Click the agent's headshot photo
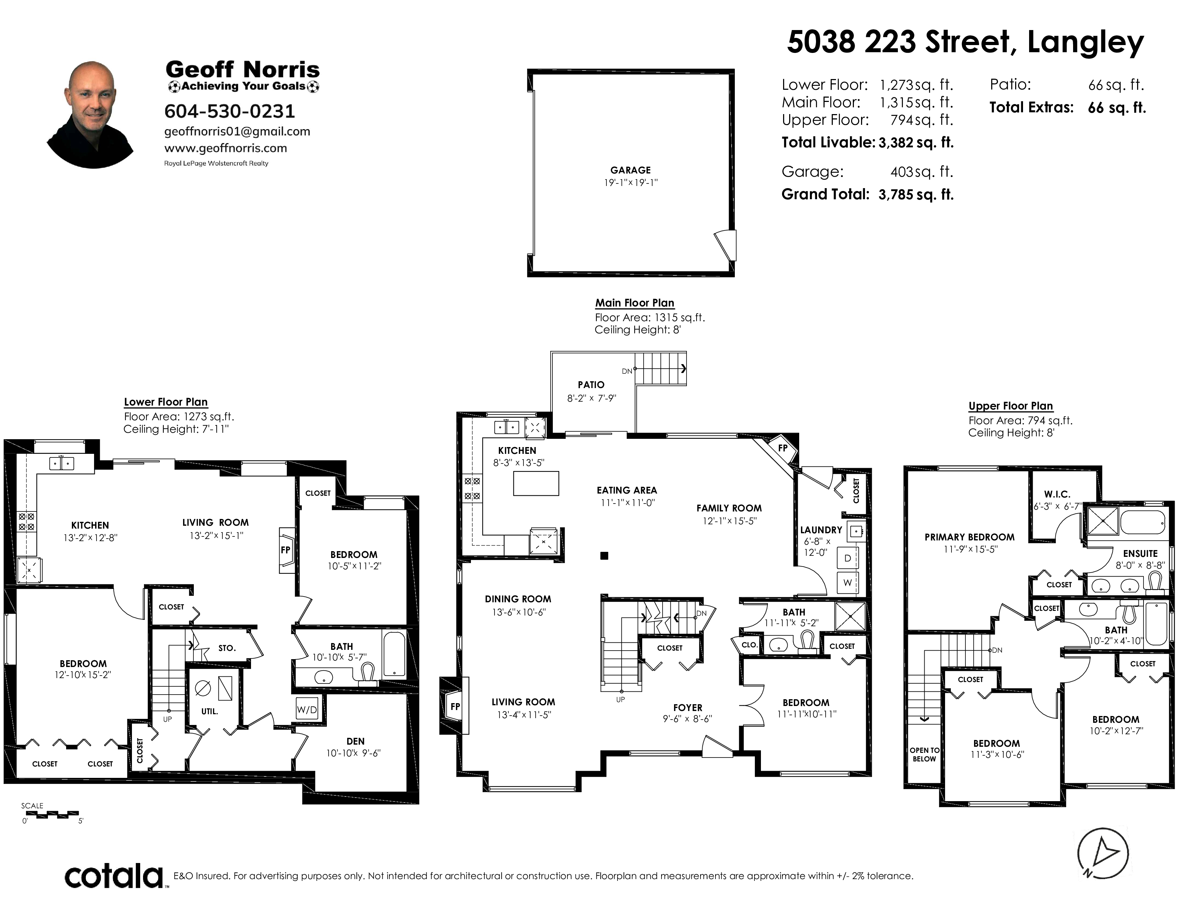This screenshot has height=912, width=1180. [91, 114]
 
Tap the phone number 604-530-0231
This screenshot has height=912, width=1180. [230, 111]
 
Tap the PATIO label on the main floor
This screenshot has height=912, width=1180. [591, 385]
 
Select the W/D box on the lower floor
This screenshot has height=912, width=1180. [307, 710]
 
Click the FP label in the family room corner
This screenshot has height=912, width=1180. [783, 448]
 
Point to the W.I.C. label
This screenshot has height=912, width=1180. [1057, 494]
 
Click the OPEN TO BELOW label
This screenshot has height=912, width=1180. [924, 754]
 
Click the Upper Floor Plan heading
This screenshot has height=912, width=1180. [1011, 406]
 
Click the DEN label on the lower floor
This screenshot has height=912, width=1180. [355, 741]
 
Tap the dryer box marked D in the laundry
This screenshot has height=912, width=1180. [847, 558]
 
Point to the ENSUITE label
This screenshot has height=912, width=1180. [1140, 554]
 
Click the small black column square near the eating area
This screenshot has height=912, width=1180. [605, 555]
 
